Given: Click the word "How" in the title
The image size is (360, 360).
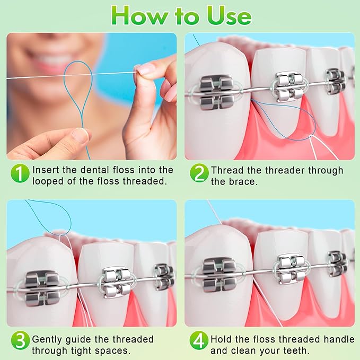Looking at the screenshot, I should point(139,15).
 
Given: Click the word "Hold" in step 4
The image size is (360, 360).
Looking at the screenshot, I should point(222,339).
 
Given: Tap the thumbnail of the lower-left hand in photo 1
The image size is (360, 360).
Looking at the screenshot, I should point(81,135).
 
